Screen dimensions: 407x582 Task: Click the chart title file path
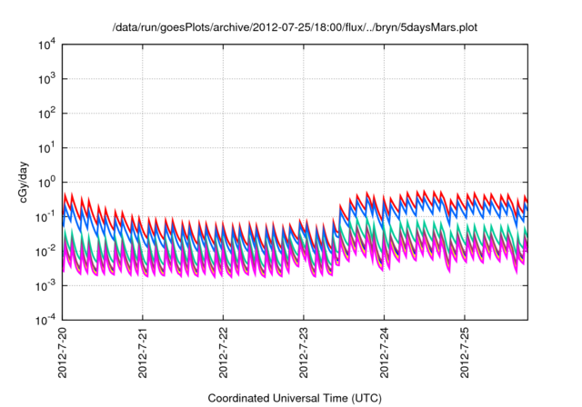pyautogui.click(x=295, y=28)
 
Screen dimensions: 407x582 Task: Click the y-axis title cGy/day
pyautogui.click(x=34, y=182)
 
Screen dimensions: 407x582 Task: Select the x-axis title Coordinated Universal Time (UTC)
pyautogui.click(x=295, y=398)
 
